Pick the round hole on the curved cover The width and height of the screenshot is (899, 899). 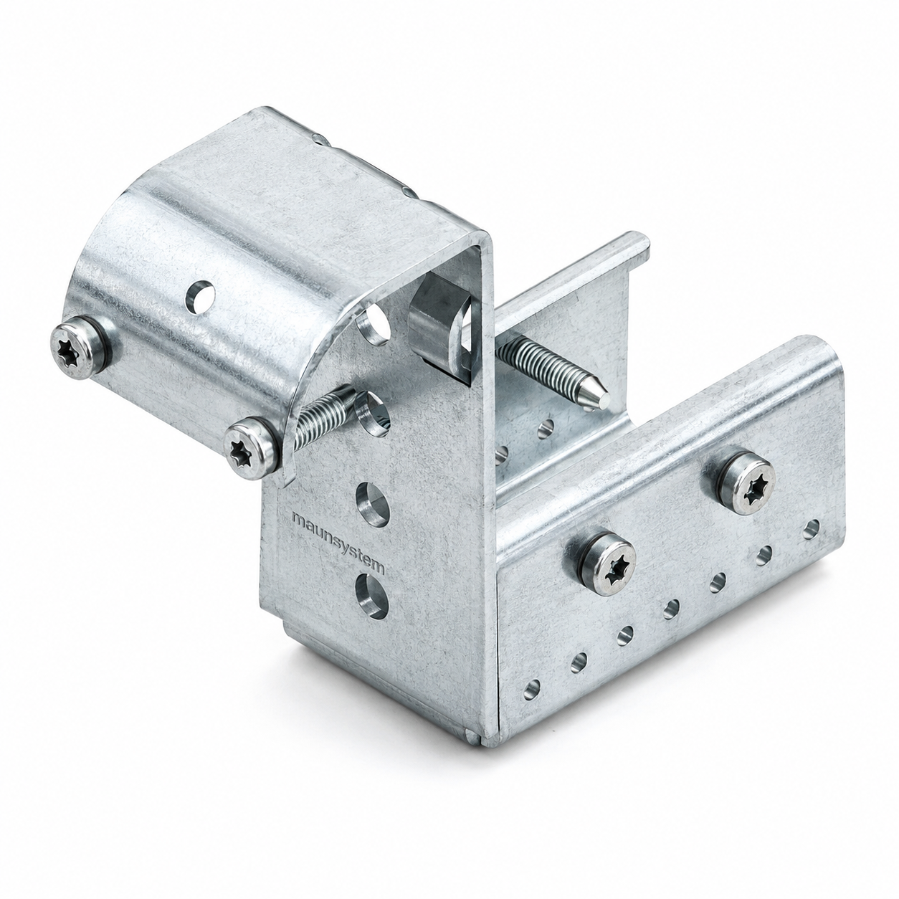pos(200,295)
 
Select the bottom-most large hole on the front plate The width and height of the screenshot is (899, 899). pos(372,596)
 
